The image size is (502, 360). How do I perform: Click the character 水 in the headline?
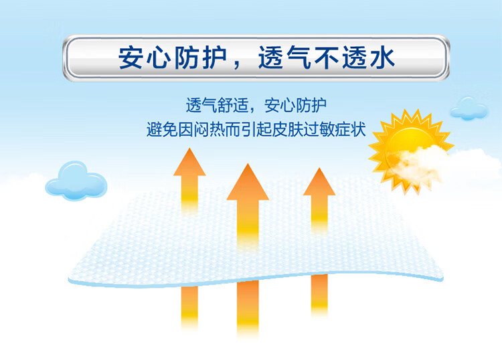click(x=382, y=58)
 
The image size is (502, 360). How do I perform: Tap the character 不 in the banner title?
click(x=327, y=58)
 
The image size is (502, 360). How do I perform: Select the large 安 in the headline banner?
click(x=131, y=58)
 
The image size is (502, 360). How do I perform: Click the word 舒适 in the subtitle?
click(x=233, y=105)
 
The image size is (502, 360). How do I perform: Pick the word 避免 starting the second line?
click(x=162, y=130)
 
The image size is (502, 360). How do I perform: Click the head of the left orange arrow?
click(x=189, y=162)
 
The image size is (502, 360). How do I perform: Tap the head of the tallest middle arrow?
click(x=248, y=183)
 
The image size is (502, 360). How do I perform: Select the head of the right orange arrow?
click(x=319, y=183)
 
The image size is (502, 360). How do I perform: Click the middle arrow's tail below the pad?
click(x=248, y=308)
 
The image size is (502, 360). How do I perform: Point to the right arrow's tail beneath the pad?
click(x=319, y=295)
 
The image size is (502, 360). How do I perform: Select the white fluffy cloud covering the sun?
click(x=418, y=164)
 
